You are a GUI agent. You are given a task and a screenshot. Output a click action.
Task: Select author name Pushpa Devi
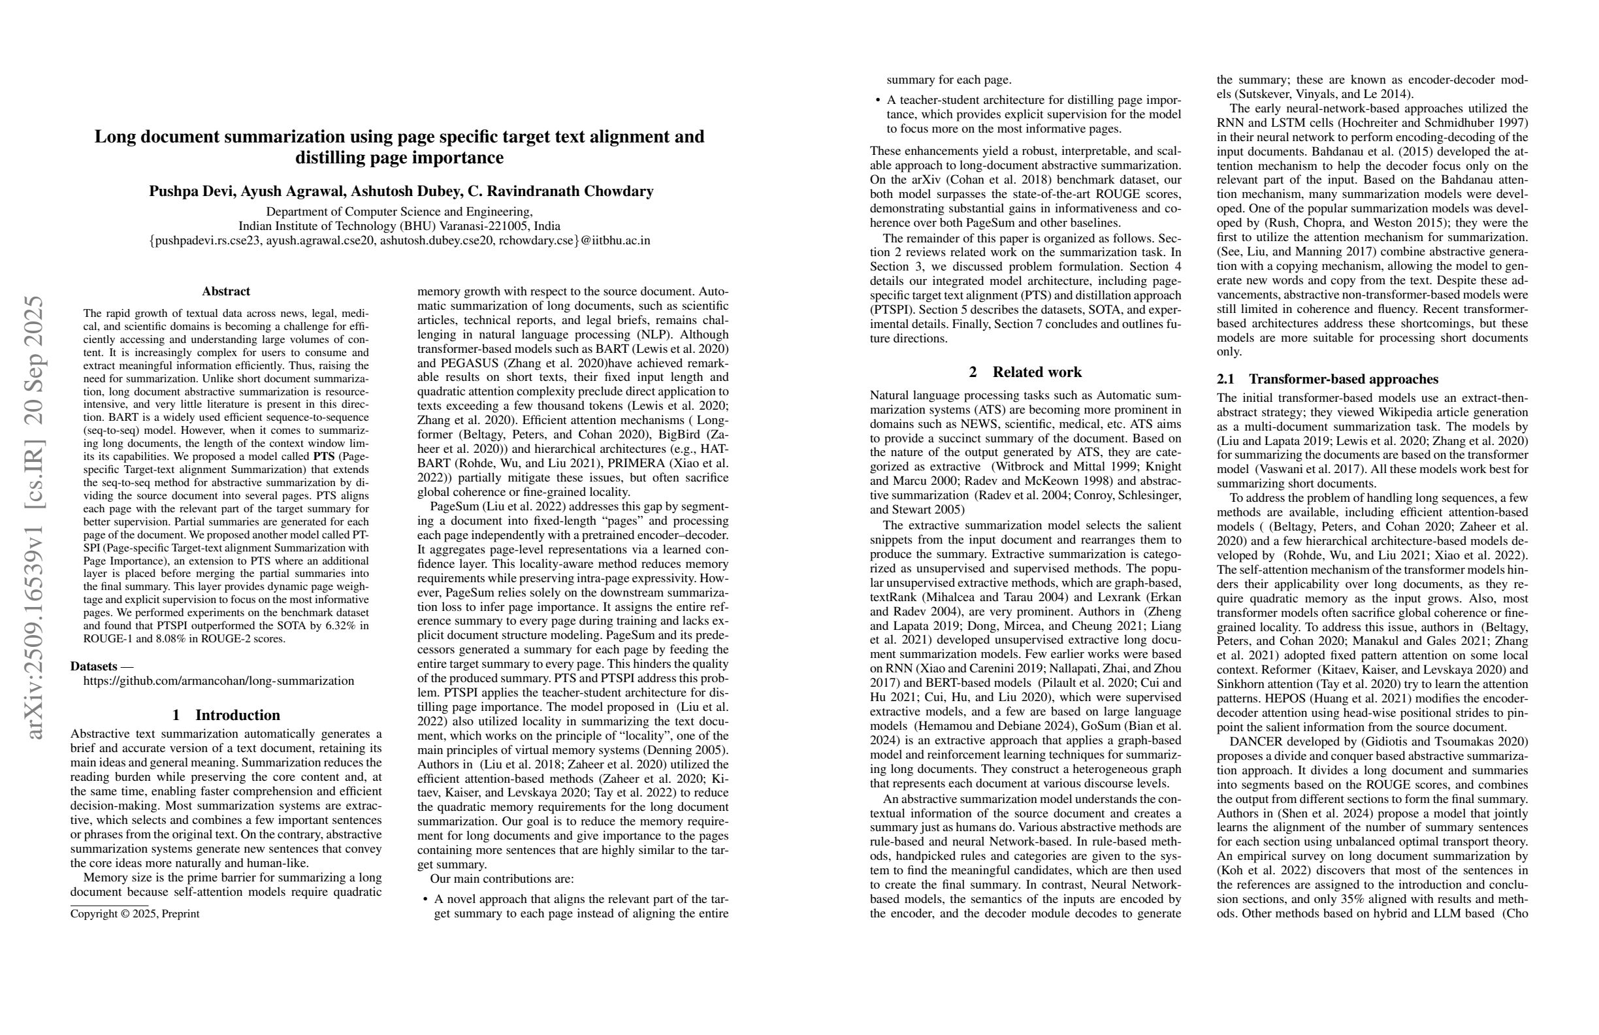click(192, 191)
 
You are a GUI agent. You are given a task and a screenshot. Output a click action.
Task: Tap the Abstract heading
click(226, 291)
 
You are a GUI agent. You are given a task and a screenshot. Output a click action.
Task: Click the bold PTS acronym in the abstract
click(324, 456)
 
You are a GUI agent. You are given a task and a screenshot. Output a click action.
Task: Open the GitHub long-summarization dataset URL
click(218, 681)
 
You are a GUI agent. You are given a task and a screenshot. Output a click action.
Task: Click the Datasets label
click(94, 666)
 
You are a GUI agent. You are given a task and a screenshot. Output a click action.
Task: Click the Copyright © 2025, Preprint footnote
click(135, 914)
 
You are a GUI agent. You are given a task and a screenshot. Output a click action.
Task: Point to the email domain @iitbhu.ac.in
click(615, 240)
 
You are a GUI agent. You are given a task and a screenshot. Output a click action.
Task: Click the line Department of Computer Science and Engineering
click(399, 212)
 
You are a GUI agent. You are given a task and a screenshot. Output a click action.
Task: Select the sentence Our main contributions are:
click(502, 879)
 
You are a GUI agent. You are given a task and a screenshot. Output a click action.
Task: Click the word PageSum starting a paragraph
click(454, 506)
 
